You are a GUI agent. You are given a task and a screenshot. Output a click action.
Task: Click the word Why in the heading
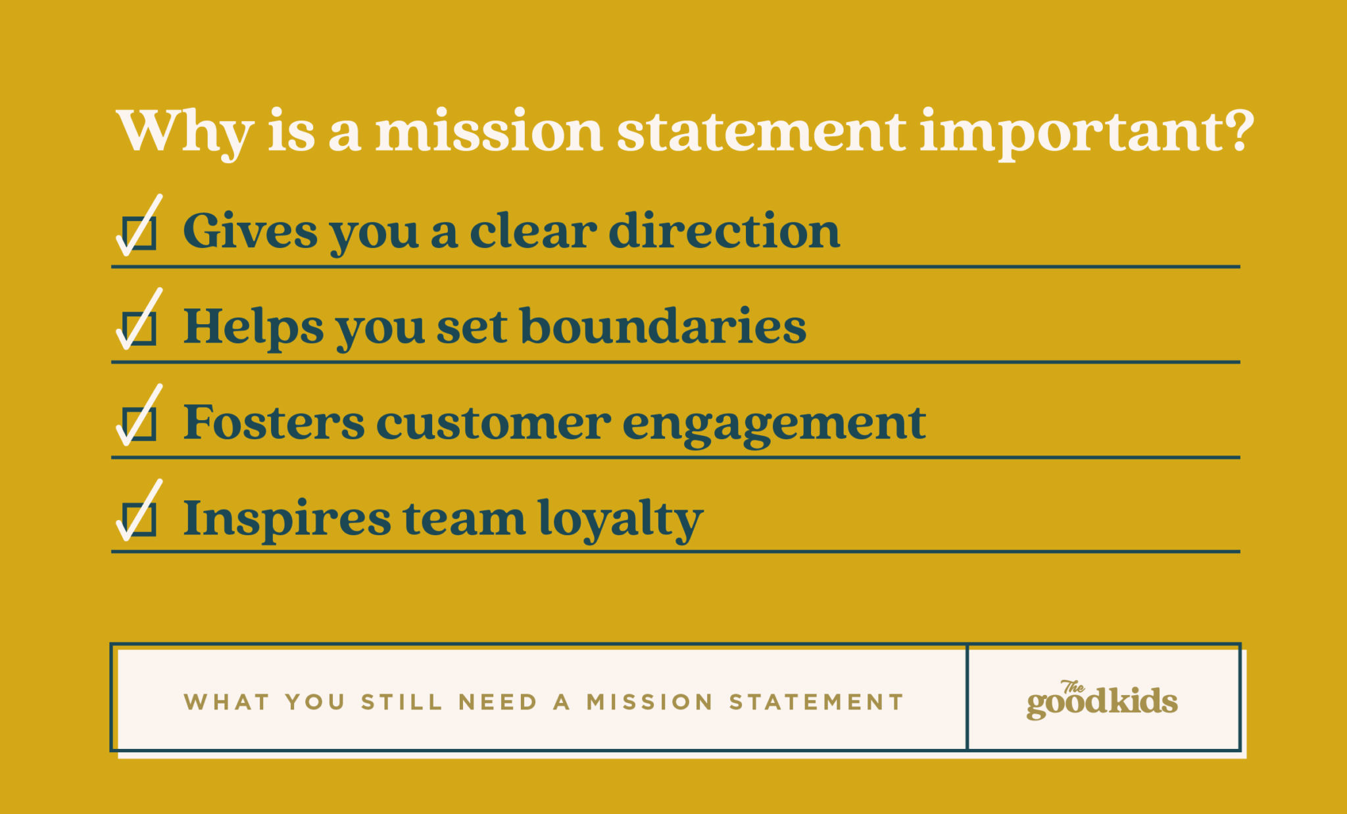click(185, 132)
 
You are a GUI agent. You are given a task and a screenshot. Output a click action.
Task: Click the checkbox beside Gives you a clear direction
click(139, 233)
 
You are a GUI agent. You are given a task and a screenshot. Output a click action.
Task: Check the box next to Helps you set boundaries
click(139, 328)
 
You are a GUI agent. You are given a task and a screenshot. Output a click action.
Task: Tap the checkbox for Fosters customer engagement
click(139, 423)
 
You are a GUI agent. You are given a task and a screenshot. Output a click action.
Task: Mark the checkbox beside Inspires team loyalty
click(139, 519)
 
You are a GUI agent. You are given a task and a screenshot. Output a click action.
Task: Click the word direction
click(724, 231)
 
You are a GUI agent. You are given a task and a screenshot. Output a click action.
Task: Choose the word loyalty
click(620, 519)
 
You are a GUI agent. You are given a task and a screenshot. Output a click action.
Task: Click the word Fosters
click(274, 423)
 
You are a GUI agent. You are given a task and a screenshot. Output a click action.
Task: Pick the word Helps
click(253, 327)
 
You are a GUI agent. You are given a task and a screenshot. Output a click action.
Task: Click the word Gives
click(250, 231)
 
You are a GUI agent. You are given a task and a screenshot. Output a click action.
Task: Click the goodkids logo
click(1102, 702)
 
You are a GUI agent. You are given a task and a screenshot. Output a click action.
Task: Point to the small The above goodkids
click(1073, 687)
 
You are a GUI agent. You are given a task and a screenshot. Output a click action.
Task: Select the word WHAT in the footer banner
click(227, 702)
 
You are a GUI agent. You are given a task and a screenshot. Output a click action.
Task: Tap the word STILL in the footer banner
click(402, 702)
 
